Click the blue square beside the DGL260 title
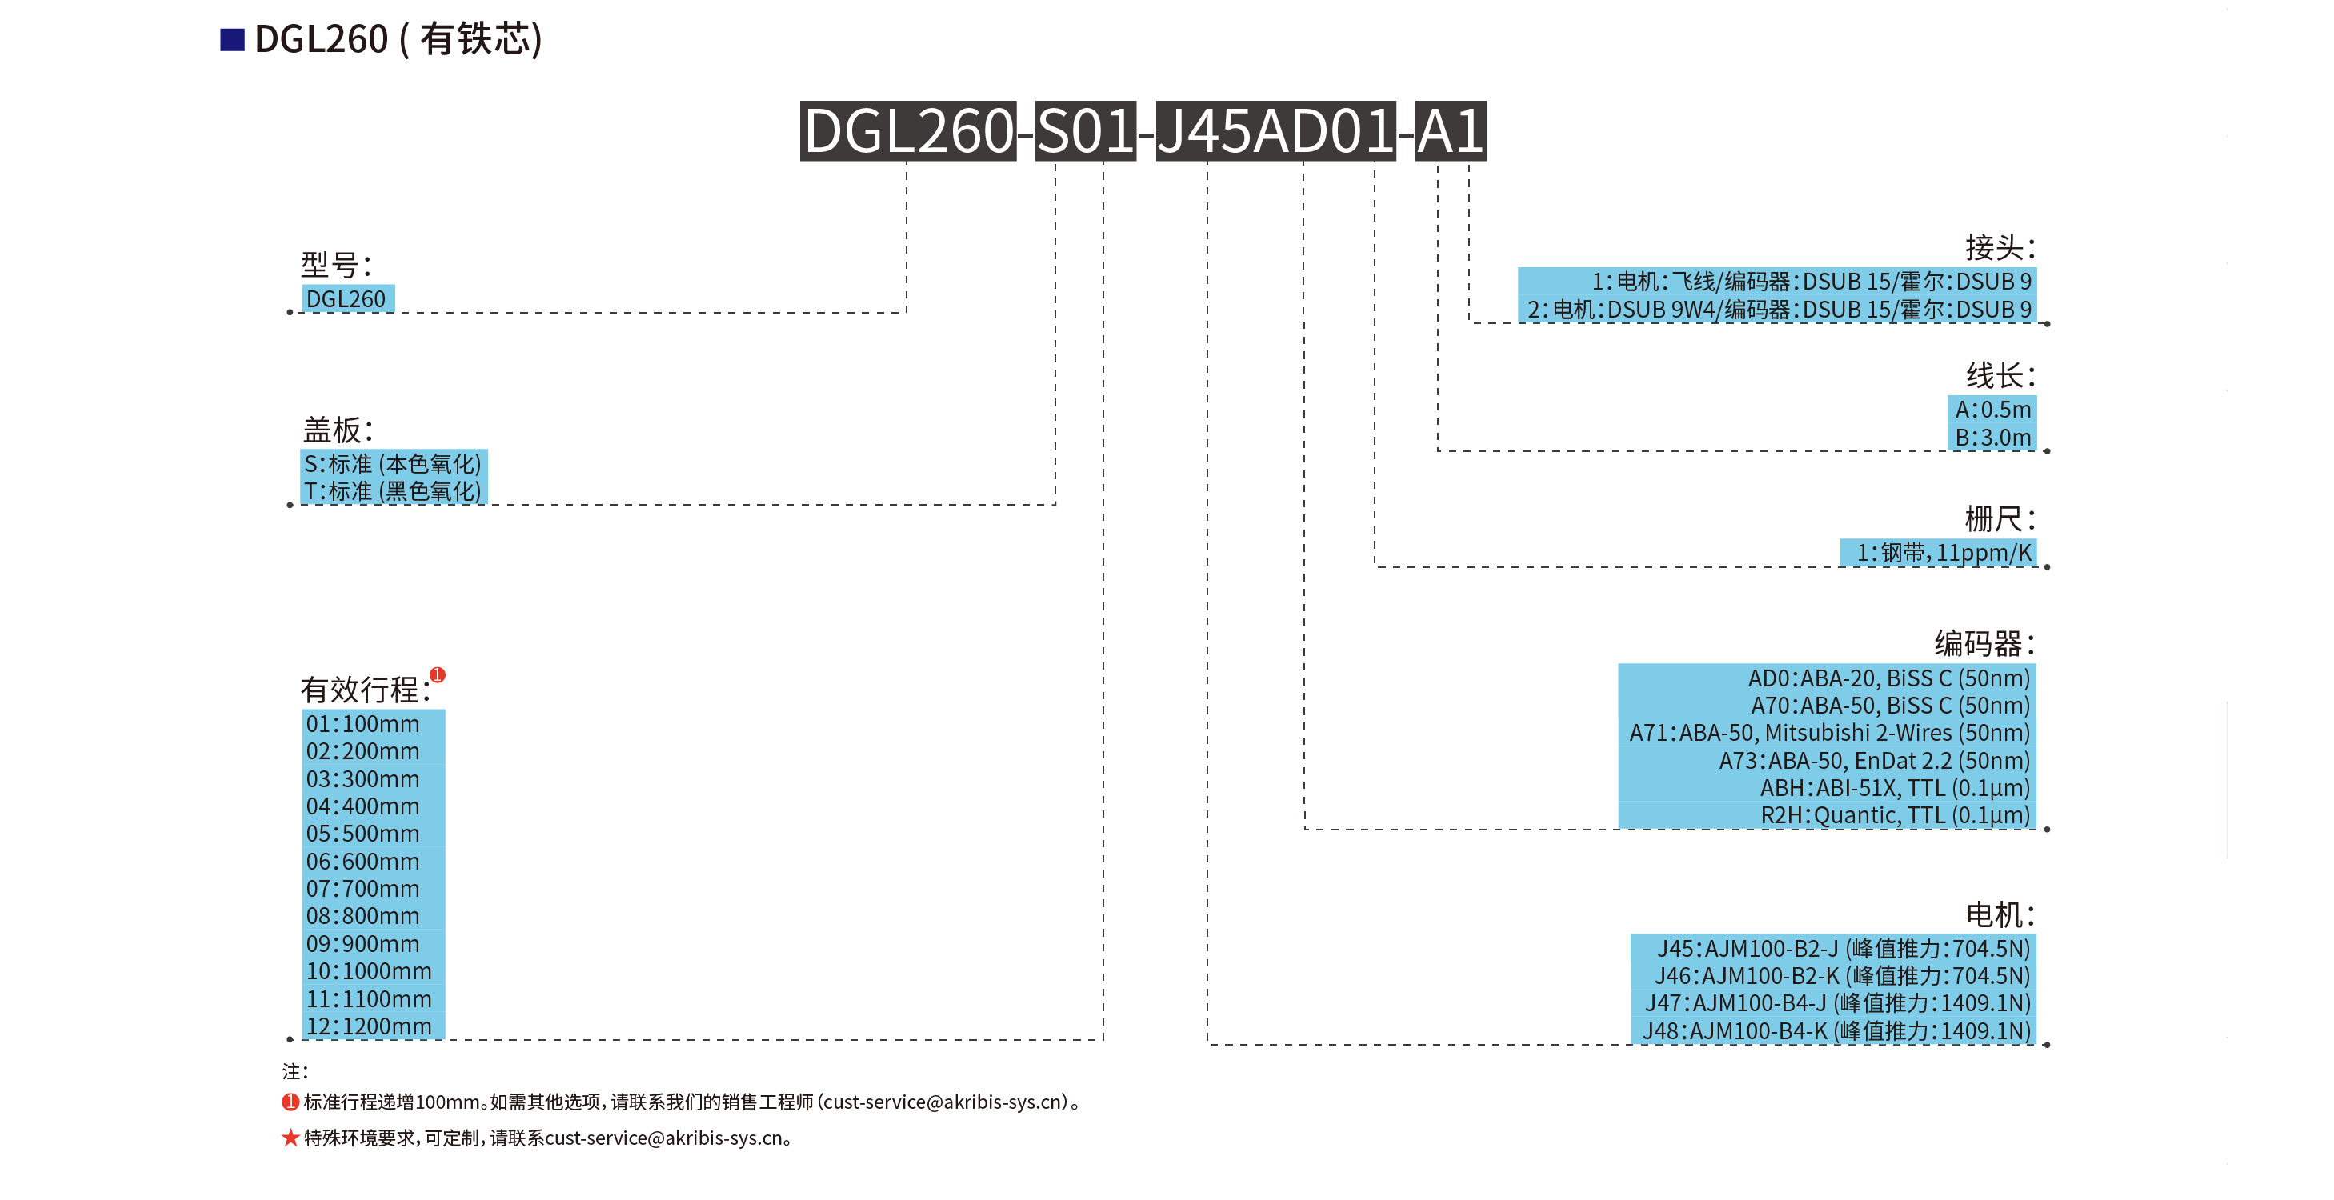point(232,40)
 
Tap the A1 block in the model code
point(1450,131)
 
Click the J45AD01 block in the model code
point(1275,131)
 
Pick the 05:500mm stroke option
point(363,834)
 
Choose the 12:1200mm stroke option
point(369,1026)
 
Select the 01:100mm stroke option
point(363,724)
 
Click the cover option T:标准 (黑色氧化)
point(392,492)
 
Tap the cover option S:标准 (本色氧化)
point(392,464)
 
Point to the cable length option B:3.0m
point(1992,438)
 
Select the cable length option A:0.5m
point(1992,410)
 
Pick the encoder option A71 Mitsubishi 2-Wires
point(1828,733)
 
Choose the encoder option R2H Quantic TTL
point(1895,815)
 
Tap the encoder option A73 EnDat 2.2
point(1874,761)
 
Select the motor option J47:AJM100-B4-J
point(1837,1003)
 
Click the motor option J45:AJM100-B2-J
point(1843,948)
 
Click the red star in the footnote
point(290,1138)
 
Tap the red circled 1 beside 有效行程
point(438,674)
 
